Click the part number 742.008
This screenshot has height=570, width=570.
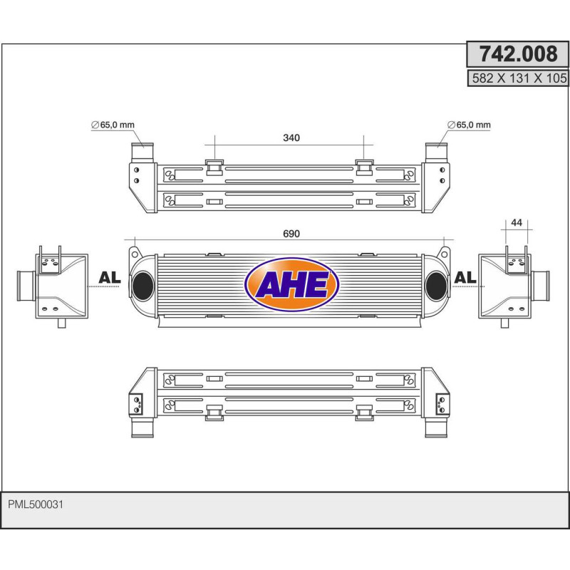517,54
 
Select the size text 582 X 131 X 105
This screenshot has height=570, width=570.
518,79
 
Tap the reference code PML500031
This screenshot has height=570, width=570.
36,504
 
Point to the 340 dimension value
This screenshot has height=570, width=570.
291,138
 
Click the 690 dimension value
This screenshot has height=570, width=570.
291,234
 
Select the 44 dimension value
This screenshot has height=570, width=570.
517,222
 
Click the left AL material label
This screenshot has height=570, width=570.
109,278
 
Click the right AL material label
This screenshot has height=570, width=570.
465,277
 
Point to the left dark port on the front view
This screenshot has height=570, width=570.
142,286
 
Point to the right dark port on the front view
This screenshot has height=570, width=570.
435,286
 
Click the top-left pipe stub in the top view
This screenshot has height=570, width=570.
140,152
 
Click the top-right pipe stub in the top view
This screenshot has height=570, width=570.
435,152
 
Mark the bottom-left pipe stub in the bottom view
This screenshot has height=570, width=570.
141,427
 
